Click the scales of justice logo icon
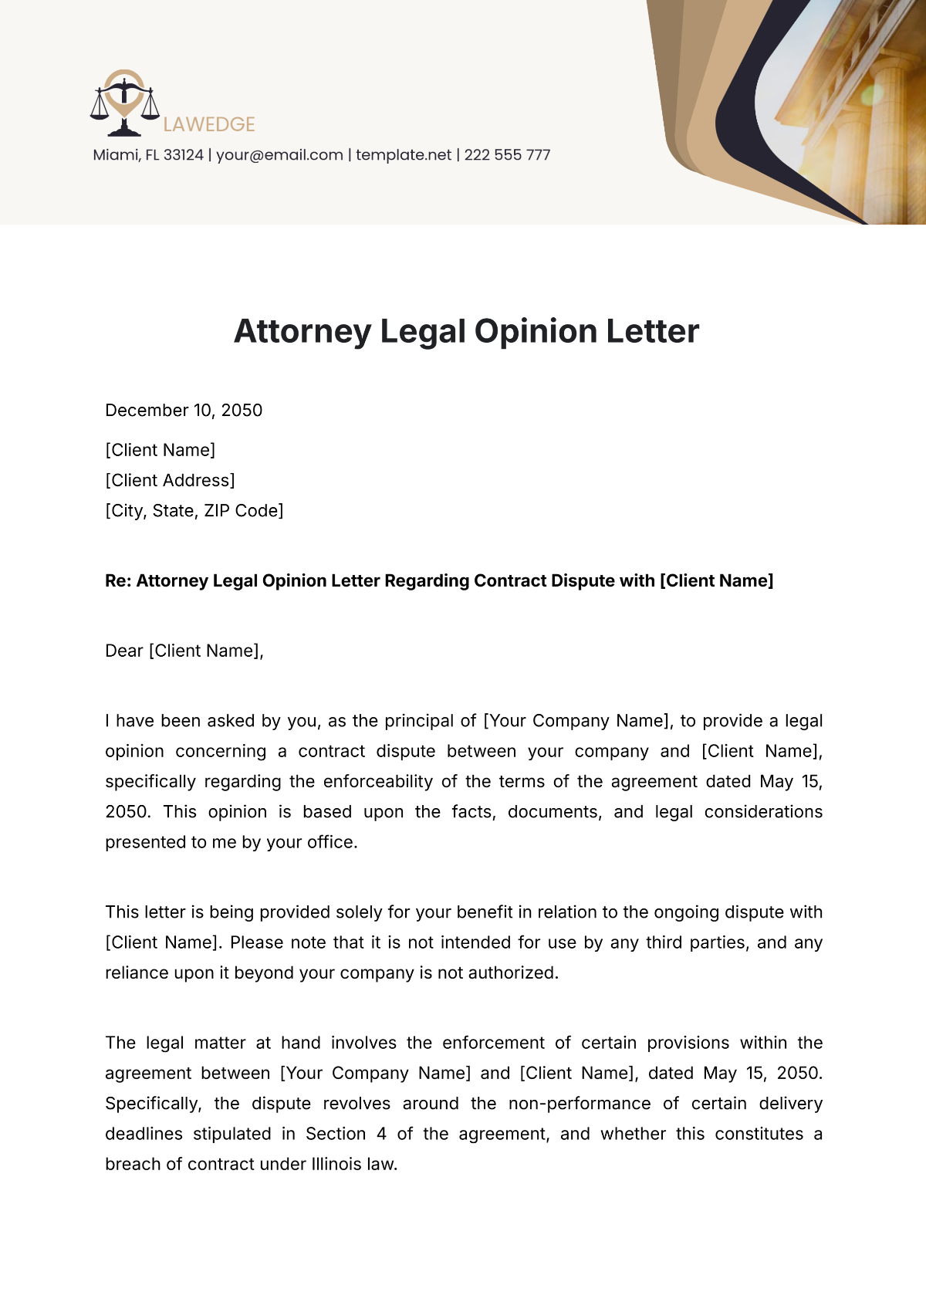tap(124, 103)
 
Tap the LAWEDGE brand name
tap(209, 124)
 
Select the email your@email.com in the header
tap(279, 155)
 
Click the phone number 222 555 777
tap(507, 155)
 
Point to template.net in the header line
tap(404, 155)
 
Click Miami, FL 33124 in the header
tap(148, 155)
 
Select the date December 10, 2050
tap(184, 411)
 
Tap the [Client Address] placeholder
tap(170, 481)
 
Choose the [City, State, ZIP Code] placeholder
tap(194, 511)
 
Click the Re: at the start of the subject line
tap(118, 581)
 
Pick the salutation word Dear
tap(124, 651)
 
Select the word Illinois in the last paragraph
tap(337, 1165)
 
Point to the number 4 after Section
tap(381, 1135)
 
